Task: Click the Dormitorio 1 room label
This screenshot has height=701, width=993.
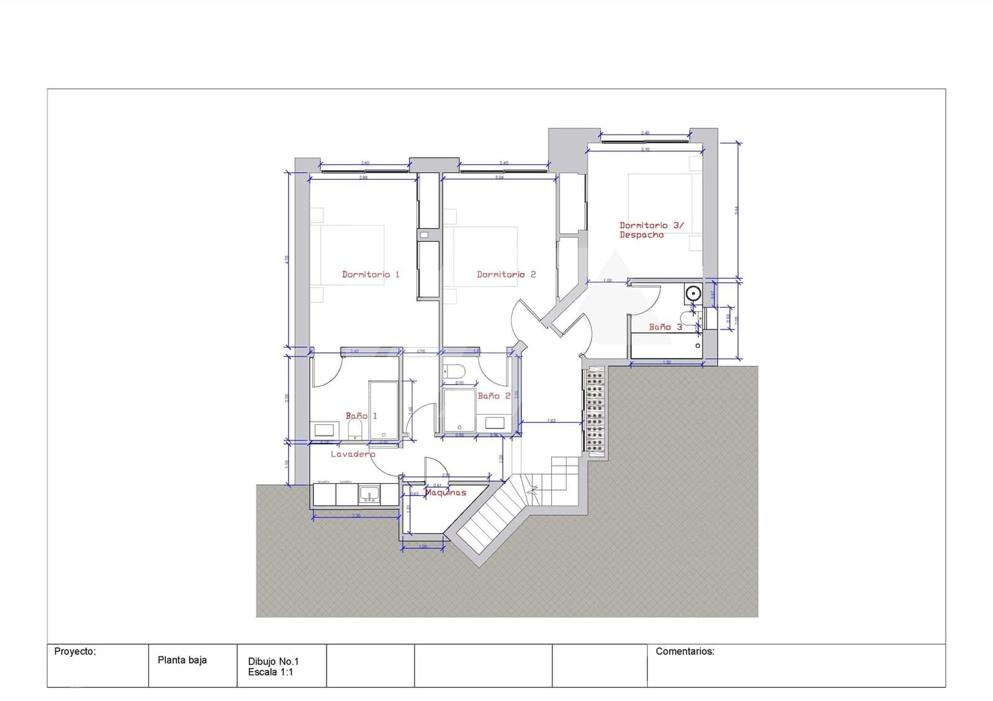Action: click(x=371, y=274)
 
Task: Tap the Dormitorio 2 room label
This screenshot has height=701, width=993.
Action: click(x=506, y=274)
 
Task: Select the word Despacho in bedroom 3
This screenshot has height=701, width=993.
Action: click(x=641, y=235)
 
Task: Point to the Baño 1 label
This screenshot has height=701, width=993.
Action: click(x=361, y=416)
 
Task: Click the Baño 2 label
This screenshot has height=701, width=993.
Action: click(x=494, y=396)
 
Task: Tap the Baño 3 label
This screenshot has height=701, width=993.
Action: click(x=665, y=327)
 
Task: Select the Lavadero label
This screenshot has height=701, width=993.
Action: click(x=353, y=454)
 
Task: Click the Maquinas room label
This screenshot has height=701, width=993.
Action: click(x=446, y=493)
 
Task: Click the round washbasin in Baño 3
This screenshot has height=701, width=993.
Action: click(x=693, y=292)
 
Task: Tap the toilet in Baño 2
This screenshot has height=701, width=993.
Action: click(x=455, y=372)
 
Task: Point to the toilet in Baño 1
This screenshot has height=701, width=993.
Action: click(x=355, y=429)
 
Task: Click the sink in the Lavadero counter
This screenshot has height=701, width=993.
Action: click(x=369, y=494)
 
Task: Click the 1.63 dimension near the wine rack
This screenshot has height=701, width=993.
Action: click(x=552, y=421)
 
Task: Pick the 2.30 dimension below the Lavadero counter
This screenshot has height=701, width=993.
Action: click(x=356, y=516)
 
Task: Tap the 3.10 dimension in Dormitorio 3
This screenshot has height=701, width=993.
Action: click(x=645, y=150)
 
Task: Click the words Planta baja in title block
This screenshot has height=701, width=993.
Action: click(x=182, y=660)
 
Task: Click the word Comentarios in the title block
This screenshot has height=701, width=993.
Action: click(x=685, y=651)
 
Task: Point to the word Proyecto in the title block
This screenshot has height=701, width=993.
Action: click(x=75, y=651)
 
